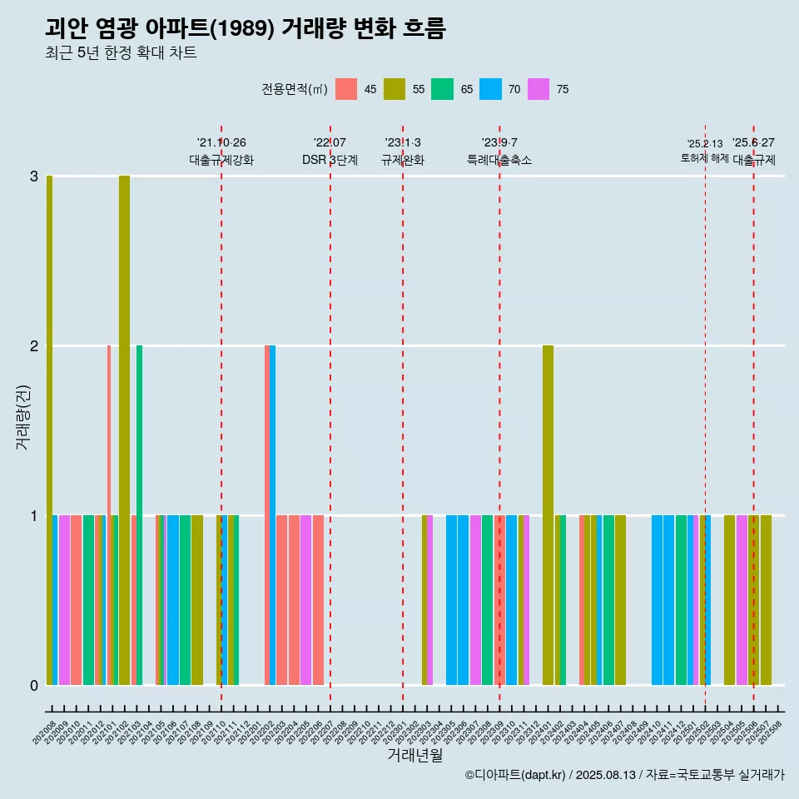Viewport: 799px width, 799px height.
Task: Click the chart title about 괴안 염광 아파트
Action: [246, 29]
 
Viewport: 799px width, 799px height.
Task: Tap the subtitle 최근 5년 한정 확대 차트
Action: [121, 53]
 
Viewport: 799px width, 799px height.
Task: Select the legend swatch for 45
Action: [346, 89]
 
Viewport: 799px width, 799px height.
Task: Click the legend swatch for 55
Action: [395, 89]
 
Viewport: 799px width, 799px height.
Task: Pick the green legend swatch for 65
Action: [442, 89]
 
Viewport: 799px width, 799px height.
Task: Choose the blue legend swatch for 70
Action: [490, 89]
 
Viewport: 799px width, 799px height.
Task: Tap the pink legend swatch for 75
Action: [538, 89]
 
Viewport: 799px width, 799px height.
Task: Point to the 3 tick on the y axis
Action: [34, 176]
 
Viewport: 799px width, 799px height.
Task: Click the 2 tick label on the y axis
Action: [34, 346]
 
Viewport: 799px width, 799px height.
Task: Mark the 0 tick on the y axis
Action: [34, 686]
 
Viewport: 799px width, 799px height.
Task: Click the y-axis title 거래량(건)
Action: [22, 416]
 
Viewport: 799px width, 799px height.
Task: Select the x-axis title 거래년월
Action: [414, 756]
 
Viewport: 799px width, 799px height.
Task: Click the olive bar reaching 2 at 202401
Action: [548, 515]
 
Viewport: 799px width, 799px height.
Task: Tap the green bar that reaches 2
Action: [139, 515]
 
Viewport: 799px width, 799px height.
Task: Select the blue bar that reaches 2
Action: [272, 515]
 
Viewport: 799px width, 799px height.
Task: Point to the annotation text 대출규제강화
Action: [221, 160]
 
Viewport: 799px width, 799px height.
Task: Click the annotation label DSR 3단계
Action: [330, 160]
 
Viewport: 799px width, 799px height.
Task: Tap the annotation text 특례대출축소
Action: [499, 160]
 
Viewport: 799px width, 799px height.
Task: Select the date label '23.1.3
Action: [403, 143]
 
